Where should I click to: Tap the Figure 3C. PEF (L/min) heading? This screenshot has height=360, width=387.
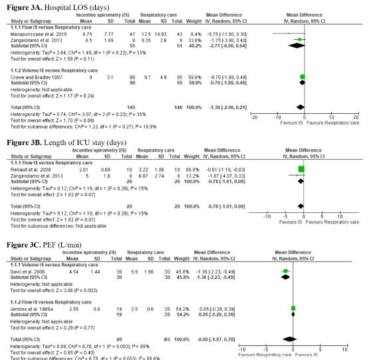tap(45, 246)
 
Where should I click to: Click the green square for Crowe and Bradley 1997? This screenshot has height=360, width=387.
tap(302, 77)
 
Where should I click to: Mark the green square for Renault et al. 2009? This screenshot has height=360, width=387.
tap(301, 170)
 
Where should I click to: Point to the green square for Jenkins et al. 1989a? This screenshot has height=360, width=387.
tap(293, 309)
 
